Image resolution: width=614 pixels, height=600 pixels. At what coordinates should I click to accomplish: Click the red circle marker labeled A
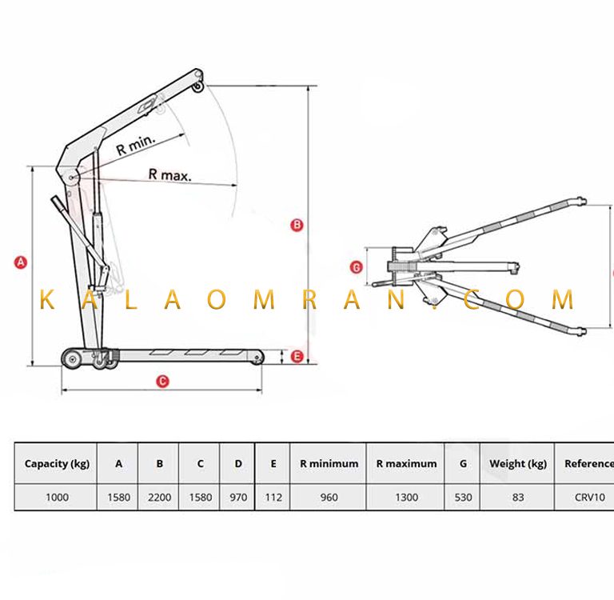point(20,262)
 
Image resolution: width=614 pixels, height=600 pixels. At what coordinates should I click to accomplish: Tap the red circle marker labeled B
point(297,225)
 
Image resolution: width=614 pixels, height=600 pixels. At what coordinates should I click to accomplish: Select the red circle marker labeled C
point(162,382)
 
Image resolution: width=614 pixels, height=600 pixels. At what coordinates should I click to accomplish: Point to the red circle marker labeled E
point(297,356)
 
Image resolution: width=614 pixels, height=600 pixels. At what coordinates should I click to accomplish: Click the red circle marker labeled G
point(357,268)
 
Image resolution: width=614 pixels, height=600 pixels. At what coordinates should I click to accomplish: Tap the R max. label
point(170,174)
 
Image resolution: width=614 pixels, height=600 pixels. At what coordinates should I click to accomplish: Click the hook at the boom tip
point(198,87)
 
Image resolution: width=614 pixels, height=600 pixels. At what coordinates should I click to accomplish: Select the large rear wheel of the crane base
point(72,358)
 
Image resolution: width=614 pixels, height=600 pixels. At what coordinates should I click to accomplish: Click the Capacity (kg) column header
point(57,464)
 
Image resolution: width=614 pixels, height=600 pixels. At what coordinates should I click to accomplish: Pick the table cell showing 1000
point(58,498)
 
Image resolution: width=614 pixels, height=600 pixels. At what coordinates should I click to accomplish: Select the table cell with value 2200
point(159,498)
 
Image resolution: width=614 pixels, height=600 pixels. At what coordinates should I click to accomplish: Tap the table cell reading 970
point(238,498)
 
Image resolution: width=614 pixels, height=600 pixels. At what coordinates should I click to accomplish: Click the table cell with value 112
point(273,498)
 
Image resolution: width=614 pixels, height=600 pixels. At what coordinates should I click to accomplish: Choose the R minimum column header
point(329,464)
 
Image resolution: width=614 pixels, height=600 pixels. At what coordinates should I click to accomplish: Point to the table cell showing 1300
point(406,498)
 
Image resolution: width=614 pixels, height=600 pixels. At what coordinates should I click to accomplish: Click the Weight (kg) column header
point(518,464)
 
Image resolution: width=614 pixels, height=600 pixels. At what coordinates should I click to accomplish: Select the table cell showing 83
point(518,498)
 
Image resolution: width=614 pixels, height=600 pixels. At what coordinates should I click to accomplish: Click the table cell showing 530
point(463,498)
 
